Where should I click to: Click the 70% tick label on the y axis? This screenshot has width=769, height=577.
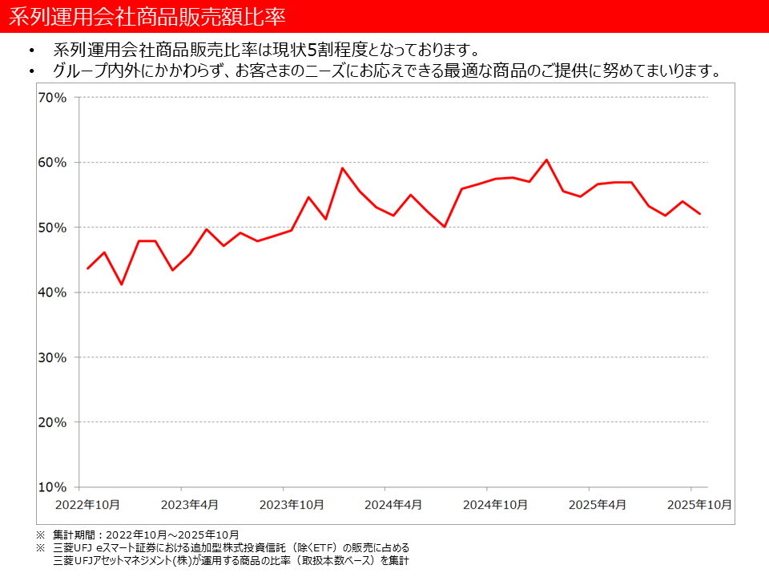pos(54,98)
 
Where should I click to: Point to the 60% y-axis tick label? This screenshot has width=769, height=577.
pos(54,163)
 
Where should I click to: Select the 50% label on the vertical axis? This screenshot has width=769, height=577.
pos(54,228)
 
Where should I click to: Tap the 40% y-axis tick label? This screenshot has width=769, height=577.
pos(54,293)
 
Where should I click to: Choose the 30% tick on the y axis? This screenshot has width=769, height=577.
pos(54,357)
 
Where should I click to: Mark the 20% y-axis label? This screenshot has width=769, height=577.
pos(54,422)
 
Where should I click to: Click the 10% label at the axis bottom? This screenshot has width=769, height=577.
pos(54,487)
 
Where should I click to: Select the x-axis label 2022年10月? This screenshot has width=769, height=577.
pos(87,504)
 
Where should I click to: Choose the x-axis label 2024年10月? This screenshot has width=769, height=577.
pos(495,504)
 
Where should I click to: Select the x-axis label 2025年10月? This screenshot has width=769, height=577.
pos(699,504)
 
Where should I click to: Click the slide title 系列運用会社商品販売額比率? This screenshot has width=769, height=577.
pos(147,16)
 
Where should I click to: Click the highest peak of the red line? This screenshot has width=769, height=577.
pos(546,159)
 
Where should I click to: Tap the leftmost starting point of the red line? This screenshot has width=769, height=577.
pos(87,268)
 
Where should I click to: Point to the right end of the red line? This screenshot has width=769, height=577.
pos(700,214)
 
